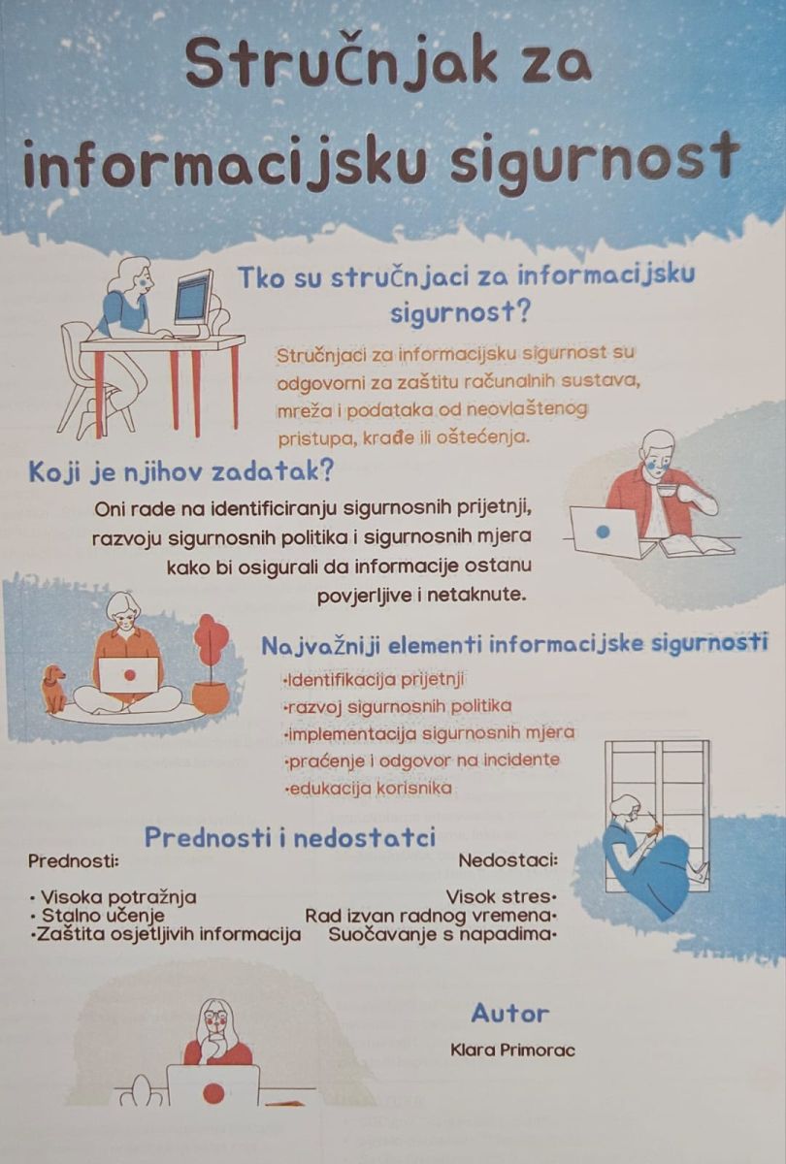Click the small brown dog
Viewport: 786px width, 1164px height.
point(54,688)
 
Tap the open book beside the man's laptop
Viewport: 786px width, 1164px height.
point(697,545)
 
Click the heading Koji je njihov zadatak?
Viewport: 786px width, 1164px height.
point(180,472)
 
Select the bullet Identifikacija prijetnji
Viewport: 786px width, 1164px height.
point(374,679)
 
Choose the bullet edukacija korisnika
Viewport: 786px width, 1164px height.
point(368,789)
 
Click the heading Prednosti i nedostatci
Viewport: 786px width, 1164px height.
point(290,837)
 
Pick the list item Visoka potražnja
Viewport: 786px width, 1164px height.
point(114,896)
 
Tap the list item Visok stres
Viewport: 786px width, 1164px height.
point(501,896)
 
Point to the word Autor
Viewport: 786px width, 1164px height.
point(510,1014)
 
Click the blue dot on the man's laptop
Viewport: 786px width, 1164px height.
point(603,533)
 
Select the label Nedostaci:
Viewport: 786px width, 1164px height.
point(508,861)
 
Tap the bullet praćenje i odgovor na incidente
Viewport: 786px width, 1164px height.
point(421,760)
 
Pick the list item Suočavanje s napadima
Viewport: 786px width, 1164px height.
point(442,934)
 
